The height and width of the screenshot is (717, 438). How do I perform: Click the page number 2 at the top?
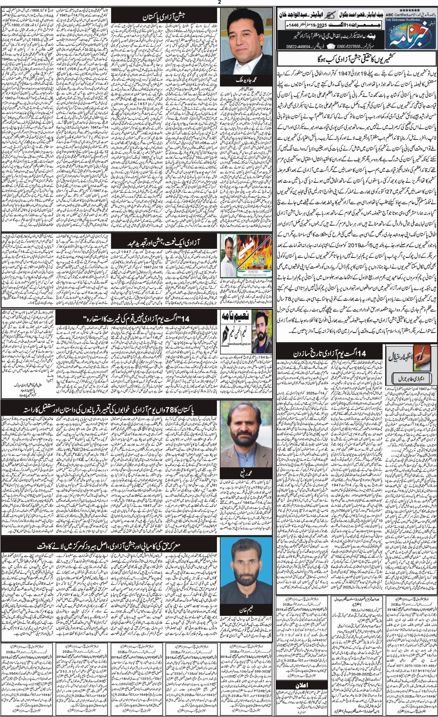(x=219, y=2)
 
